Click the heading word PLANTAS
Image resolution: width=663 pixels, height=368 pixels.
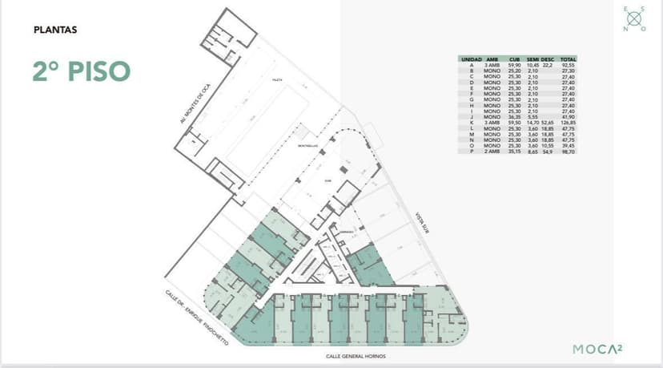[55, 30]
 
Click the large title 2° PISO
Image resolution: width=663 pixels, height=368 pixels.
[81, 70]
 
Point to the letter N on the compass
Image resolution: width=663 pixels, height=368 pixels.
[624, 28]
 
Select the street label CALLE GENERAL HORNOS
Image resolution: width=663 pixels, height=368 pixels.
[357, 355]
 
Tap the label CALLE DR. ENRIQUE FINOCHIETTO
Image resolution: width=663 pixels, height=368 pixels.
[197, 317]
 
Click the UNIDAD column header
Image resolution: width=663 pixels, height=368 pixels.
[471, 59]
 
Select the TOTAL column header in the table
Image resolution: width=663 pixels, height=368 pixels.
[569, 59]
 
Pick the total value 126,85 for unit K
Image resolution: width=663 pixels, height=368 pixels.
[569, 123]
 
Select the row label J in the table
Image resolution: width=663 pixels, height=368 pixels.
[471, 117]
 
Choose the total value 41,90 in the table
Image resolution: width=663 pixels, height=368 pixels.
[569, 117]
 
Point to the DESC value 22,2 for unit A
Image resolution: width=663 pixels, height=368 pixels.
[548, 65]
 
